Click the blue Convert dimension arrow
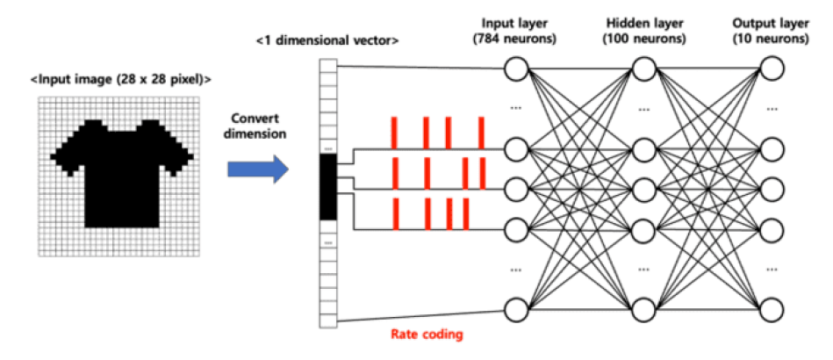(257, 169)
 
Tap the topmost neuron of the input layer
(516, 68)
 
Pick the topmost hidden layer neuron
(643, 68)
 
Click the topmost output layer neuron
(772, 68)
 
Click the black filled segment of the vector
(327, 189)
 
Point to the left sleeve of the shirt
(66, 156)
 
